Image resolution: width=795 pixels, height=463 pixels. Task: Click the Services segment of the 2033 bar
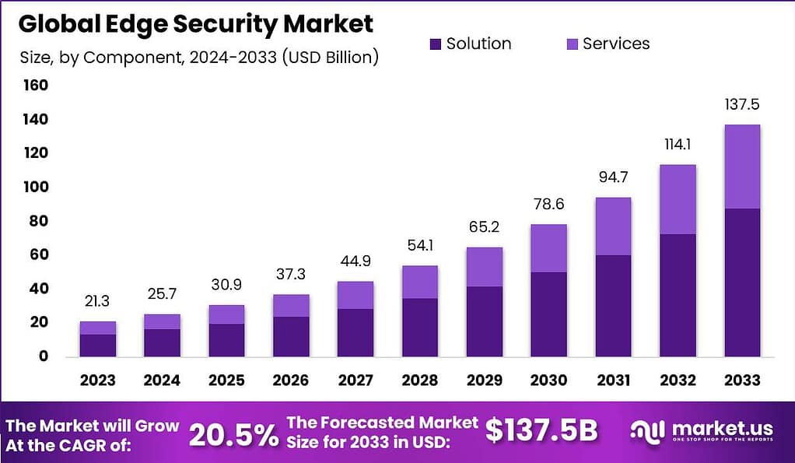[x=741, y=167]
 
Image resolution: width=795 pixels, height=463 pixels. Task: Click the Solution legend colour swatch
[x=435, y=44]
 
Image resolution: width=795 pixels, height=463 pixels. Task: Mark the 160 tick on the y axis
[x=35, y=86]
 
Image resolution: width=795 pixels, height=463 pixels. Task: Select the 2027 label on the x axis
[x=355, y=380]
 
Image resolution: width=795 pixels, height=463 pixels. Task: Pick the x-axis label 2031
[x=613, y=380]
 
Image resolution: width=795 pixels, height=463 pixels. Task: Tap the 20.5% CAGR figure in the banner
[x=233, y=434]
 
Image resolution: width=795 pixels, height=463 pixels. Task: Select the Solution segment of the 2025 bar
[x=226, y=339]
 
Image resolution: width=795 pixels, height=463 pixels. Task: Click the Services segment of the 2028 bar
[x=419, y=282]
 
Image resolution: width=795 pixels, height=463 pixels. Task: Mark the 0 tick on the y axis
[x=44, y=356]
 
